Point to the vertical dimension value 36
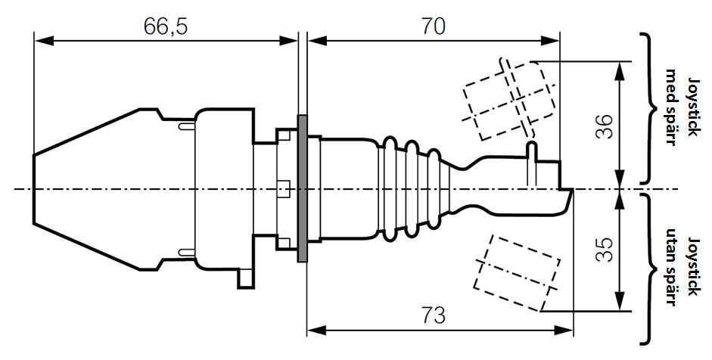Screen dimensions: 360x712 [x=604, y=126]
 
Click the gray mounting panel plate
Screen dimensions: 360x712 [x=303, y=188]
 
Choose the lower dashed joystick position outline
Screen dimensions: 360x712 [x=518, y=272]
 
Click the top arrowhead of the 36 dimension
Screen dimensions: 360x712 [x=620, y=67]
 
